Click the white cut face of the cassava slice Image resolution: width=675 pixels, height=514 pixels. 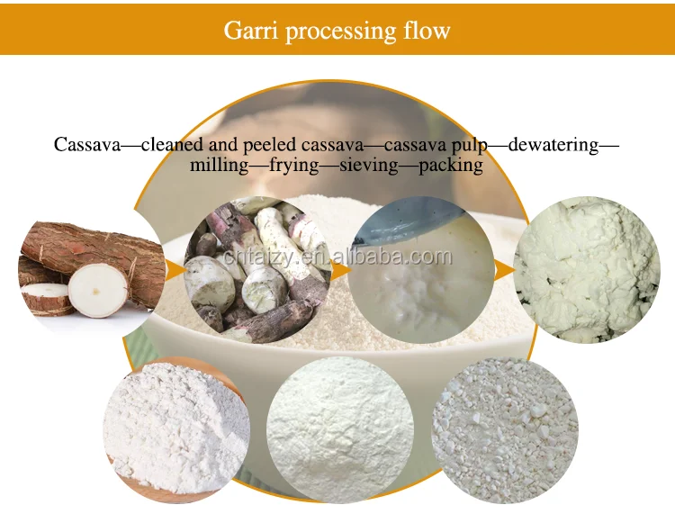pyautogui.click(x=98, y=290)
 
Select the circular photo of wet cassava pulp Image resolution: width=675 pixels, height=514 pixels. pyautogui.click(x=420, y=269)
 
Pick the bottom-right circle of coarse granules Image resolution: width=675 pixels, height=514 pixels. pyautogui.click(x=504, y=430)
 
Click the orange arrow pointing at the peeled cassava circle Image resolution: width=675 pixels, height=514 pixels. pyautogui.click(x=175, y=268)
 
